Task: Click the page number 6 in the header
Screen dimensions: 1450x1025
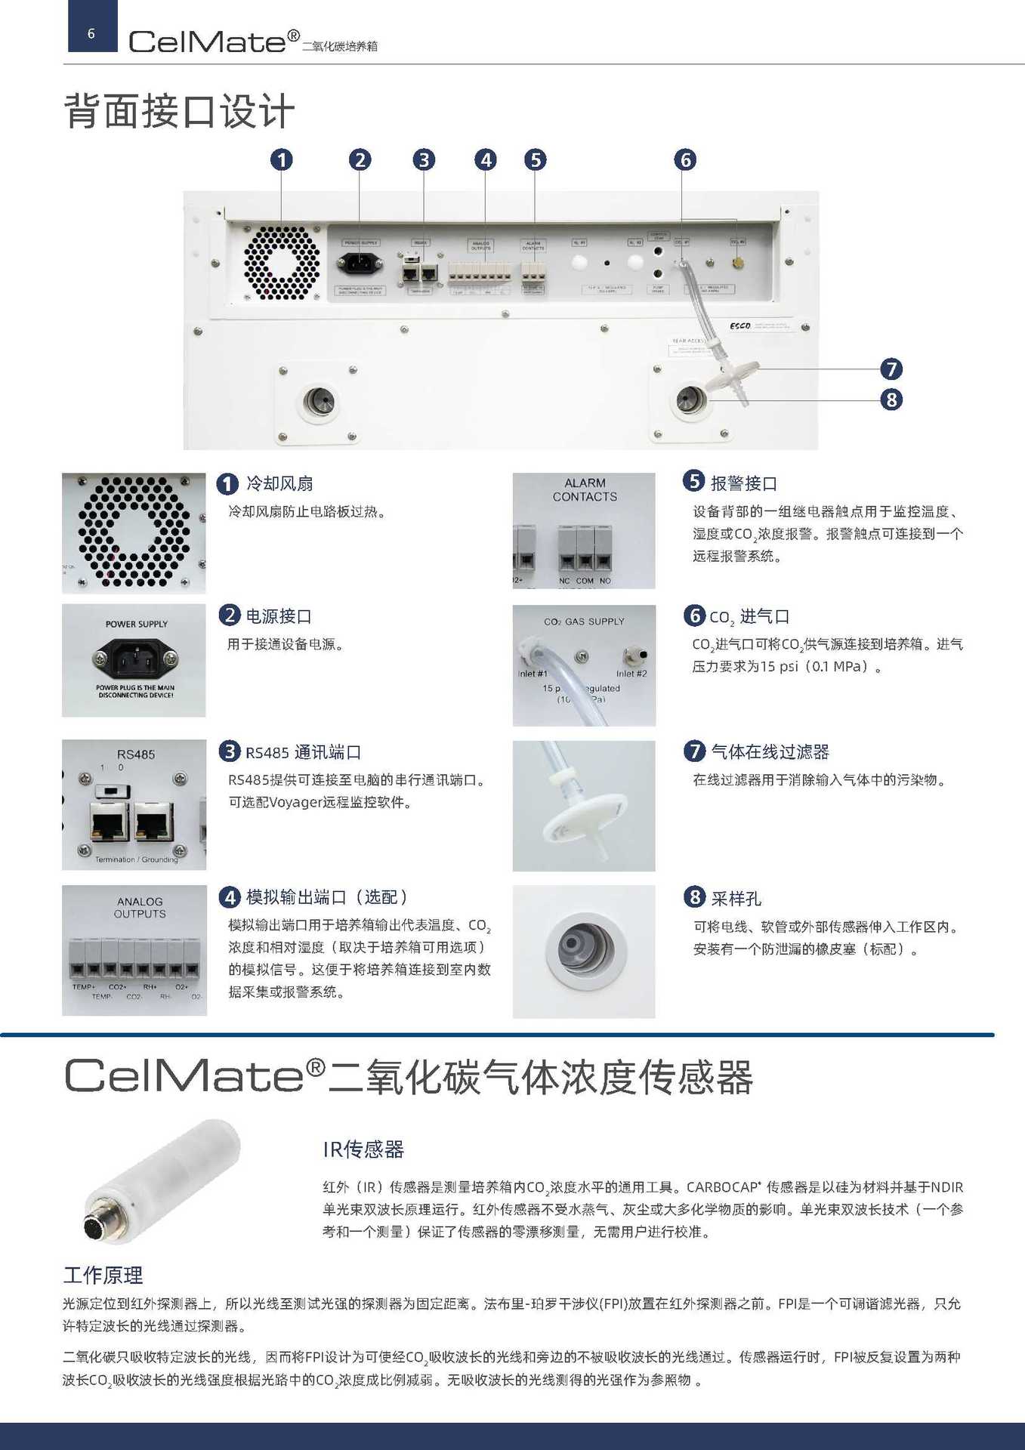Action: point(91,33)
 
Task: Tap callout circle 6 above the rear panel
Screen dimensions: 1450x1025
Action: point(685,160)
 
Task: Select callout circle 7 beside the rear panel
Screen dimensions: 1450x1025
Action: point(891,369)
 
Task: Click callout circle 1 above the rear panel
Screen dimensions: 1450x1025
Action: point(282,160)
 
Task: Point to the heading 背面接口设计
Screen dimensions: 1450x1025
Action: point(179,112)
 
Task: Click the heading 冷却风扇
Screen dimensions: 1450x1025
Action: point(279,483)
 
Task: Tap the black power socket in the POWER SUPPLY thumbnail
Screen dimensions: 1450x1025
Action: point(135,660)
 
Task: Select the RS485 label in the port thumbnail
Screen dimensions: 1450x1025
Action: point(136,754)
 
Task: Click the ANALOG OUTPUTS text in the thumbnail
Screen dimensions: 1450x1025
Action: point(140,908)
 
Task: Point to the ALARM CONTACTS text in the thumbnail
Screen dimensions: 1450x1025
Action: point(585,489)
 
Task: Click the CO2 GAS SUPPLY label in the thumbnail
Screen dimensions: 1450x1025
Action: point(584,622)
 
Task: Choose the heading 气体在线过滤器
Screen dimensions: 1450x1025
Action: point(770,752)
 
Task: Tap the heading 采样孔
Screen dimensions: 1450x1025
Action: point(736,899)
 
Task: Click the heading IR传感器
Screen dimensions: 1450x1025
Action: point(363,1149)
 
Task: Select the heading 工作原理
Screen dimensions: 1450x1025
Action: point(103,1276)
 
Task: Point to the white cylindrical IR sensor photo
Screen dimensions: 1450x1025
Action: point(162,1180)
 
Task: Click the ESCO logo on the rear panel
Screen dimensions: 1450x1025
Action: point(740,325)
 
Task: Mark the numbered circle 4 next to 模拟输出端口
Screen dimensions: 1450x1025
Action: point(229,897)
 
